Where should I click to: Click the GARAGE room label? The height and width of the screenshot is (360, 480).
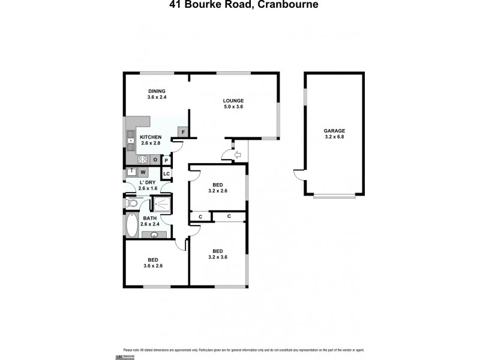(x=334, y=130)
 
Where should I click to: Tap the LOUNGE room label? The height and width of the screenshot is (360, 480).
(x=233, y=100)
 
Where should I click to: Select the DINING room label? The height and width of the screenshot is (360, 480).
(x=157, y=91)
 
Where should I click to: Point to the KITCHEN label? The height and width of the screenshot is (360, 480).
(x=151, y=137)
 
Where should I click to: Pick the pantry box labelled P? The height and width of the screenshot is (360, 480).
(x=166, y=160)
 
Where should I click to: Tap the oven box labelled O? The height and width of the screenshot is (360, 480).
(x=155, y=160)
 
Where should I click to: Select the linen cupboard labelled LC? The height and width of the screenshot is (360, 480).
(x=166, y=174)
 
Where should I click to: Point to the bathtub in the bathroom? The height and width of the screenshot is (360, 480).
(x=131, y=226)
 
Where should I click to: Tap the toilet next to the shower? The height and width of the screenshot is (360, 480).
(x=133, y=203)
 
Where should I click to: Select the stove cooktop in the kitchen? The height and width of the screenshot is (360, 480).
(x=143, y=160)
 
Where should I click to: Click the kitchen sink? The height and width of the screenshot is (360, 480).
(x=131, y=143)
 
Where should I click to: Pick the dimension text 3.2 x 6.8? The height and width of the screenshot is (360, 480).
(x=334, y=137)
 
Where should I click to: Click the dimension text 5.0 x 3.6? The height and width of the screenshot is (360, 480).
(x=233, y=107)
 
